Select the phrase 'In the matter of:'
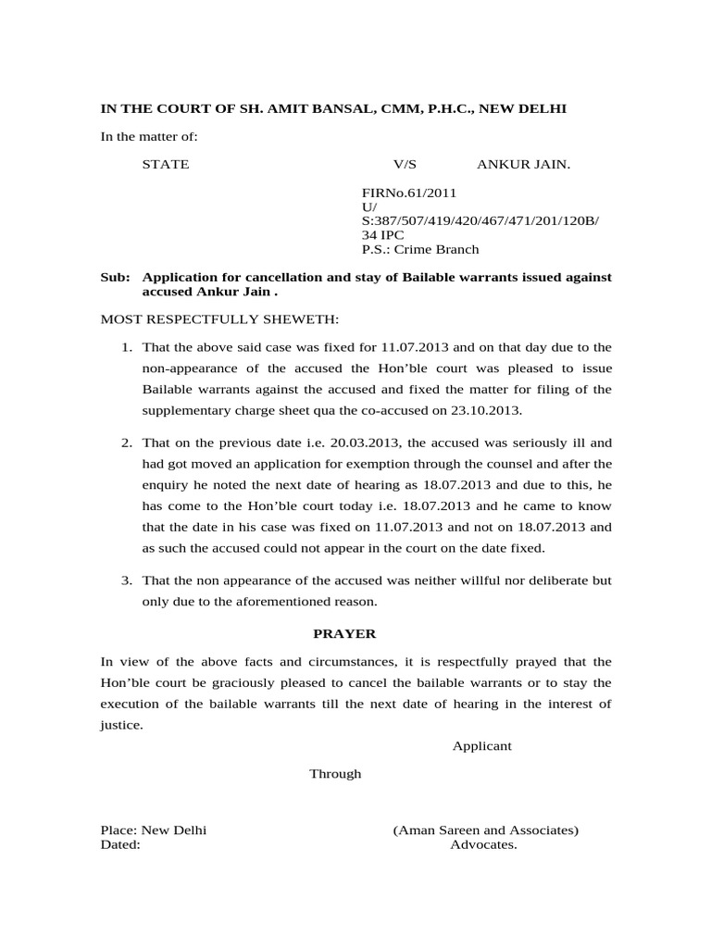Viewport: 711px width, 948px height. (x=149, y=137)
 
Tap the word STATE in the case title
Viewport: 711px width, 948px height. (x=166, y=165)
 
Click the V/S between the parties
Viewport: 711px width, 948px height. (x=405, y=165)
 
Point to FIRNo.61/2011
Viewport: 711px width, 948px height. (x=408, y=193)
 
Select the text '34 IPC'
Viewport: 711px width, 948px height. (x=382, y=235)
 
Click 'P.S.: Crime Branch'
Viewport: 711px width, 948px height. (x=420, y=249)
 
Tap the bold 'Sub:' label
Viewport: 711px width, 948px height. (x=115, y=278)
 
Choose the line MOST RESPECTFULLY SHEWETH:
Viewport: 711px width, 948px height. (x=220, y=319)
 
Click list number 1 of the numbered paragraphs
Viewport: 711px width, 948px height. (x=128, y=347)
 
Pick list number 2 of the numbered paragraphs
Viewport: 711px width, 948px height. (x=128, y=443)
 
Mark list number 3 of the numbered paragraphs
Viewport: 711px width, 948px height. (x=128, y=580)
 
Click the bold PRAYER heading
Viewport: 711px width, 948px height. (x=344, y=634)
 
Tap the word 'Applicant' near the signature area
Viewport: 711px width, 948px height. (x=481, y=746)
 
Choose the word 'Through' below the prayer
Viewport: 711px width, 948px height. (x=335, y=774)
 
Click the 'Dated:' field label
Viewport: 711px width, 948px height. (x=120, y=845)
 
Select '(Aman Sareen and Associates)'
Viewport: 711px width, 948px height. (x=485, y=830)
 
